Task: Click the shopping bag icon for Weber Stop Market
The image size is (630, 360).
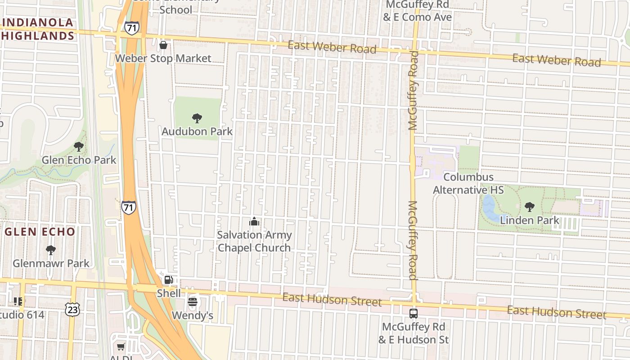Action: tap(163, 45)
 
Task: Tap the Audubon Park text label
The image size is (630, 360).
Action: tap(197, 131)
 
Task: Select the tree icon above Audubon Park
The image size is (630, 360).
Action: tap(197, 118)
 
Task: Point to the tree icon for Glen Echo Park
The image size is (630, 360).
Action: tap(79, 146)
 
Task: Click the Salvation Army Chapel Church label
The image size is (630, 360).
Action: tap(254, 241)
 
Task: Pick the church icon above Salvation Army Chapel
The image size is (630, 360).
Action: tap(254, 221)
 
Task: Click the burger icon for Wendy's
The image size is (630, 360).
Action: tap(193, 301)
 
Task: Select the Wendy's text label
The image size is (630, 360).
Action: tap(193, 315)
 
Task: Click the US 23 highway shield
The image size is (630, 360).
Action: tap(72, 309)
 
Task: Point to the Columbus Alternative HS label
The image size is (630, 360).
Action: tap(468, 184)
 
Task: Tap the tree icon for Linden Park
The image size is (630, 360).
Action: tap(529, 207)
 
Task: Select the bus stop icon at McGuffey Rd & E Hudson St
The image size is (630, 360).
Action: tap(413, 313)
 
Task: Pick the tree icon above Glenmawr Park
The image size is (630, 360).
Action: tap(51, 250)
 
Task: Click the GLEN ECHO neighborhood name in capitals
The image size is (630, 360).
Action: tap(40, 232)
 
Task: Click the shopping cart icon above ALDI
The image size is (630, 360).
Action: tap(121, 346)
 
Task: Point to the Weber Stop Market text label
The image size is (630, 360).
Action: tap(163, 58)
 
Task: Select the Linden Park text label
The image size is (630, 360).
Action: tap(530, 220)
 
